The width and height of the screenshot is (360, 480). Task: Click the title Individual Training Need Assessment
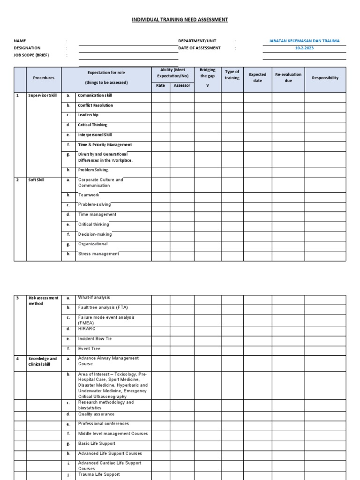coord(180,20)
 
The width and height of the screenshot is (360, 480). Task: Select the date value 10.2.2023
coord(304,48)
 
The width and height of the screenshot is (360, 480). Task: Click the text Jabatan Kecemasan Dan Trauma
coord(304,41)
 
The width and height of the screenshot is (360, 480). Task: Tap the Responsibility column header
coord(325,78)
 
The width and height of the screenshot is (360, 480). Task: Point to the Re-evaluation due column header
coord(288,77)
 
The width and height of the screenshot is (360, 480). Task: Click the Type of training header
coord(232,75)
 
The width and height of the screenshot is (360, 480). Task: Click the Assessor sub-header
coord(182,86)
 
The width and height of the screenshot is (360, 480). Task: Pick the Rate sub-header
coord(160,86)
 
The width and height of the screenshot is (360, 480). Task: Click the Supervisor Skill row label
coord(43,96)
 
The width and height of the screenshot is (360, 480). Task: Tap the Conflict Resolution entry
coord(95,105)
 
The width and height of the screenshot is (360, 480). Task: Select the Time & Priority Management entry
coord(105,145)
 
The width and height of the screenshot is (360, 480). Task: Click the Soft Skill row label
coord(37,180)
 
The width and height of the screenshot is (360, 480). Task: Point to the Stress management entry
coord(98,254)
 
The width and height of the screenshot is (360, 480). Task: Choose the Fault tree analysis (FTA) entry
coord(103,307)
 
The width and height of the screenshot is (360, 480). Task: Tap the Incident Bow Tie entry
coord(95,338)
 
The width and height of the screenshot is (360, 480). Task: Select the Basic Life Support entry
coord(97,443)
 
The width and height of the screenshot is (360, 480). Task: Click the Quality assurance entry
coord(96,414)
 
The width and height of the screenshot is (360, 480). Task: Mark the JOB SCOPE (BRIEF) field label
coord(31,55)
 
